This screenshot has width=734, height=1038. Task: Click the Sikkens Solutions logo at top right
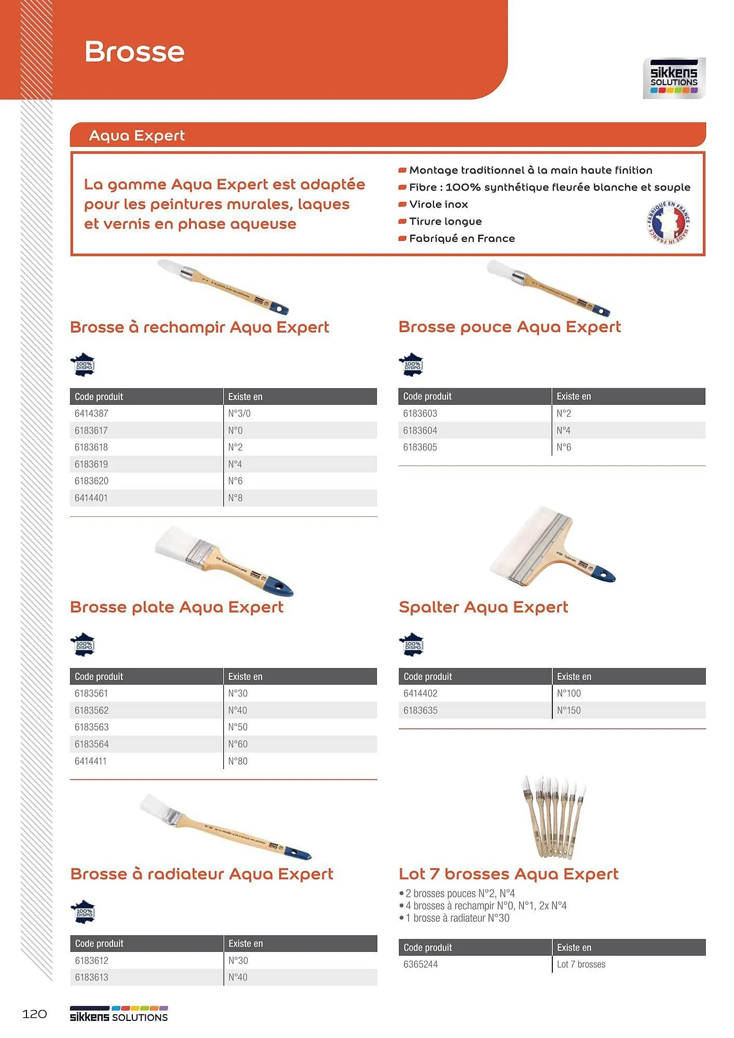(674, 78)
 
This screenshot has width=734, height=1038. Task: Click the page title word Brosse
(134, 52)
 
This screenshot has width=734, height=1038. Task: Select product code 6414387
(91, 414)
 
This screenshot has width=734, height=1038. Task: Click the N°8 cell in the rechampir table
(235, 498)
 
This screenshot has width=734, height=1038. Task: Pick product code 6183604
(420, 431)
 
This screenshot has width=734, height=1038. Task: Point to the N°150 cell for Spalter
(568, 711)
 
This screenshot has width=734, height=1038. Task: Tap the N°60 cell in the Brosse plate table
(238, 744)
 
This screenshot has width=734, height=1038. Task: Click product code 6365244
(420, 964)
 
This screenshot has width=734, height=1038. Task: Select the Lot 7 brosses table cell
(581, 964)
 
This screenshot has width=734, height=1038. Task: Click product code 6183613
(91, 977)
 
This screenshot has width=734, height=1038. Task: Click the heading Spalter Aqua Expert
(483, 607)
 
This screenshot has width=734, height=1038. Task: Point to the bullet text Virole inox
(438, 204)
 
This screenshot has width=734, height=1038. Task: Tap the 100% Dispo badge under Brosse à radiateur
(83, 912)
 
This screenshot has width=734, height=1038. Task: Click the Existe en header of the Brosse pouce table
(574, 397)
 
